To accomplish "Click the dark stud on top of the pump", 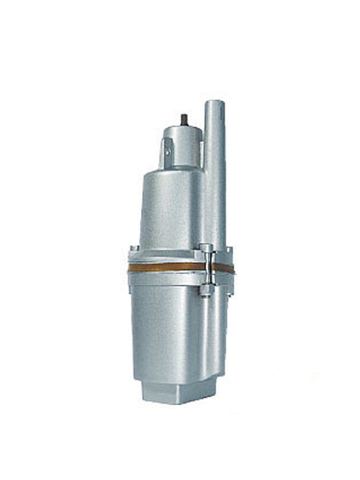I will click(x=184, y=119).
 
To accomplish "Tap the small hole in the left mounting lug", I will click(x=167, y=152).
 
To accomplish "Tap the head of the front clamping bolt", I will click(x=206, y=249).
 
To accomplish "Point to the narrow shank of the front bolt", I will click(x=207, y=269).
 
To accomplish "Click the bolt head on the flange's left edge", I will click(x=134, y=248).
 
